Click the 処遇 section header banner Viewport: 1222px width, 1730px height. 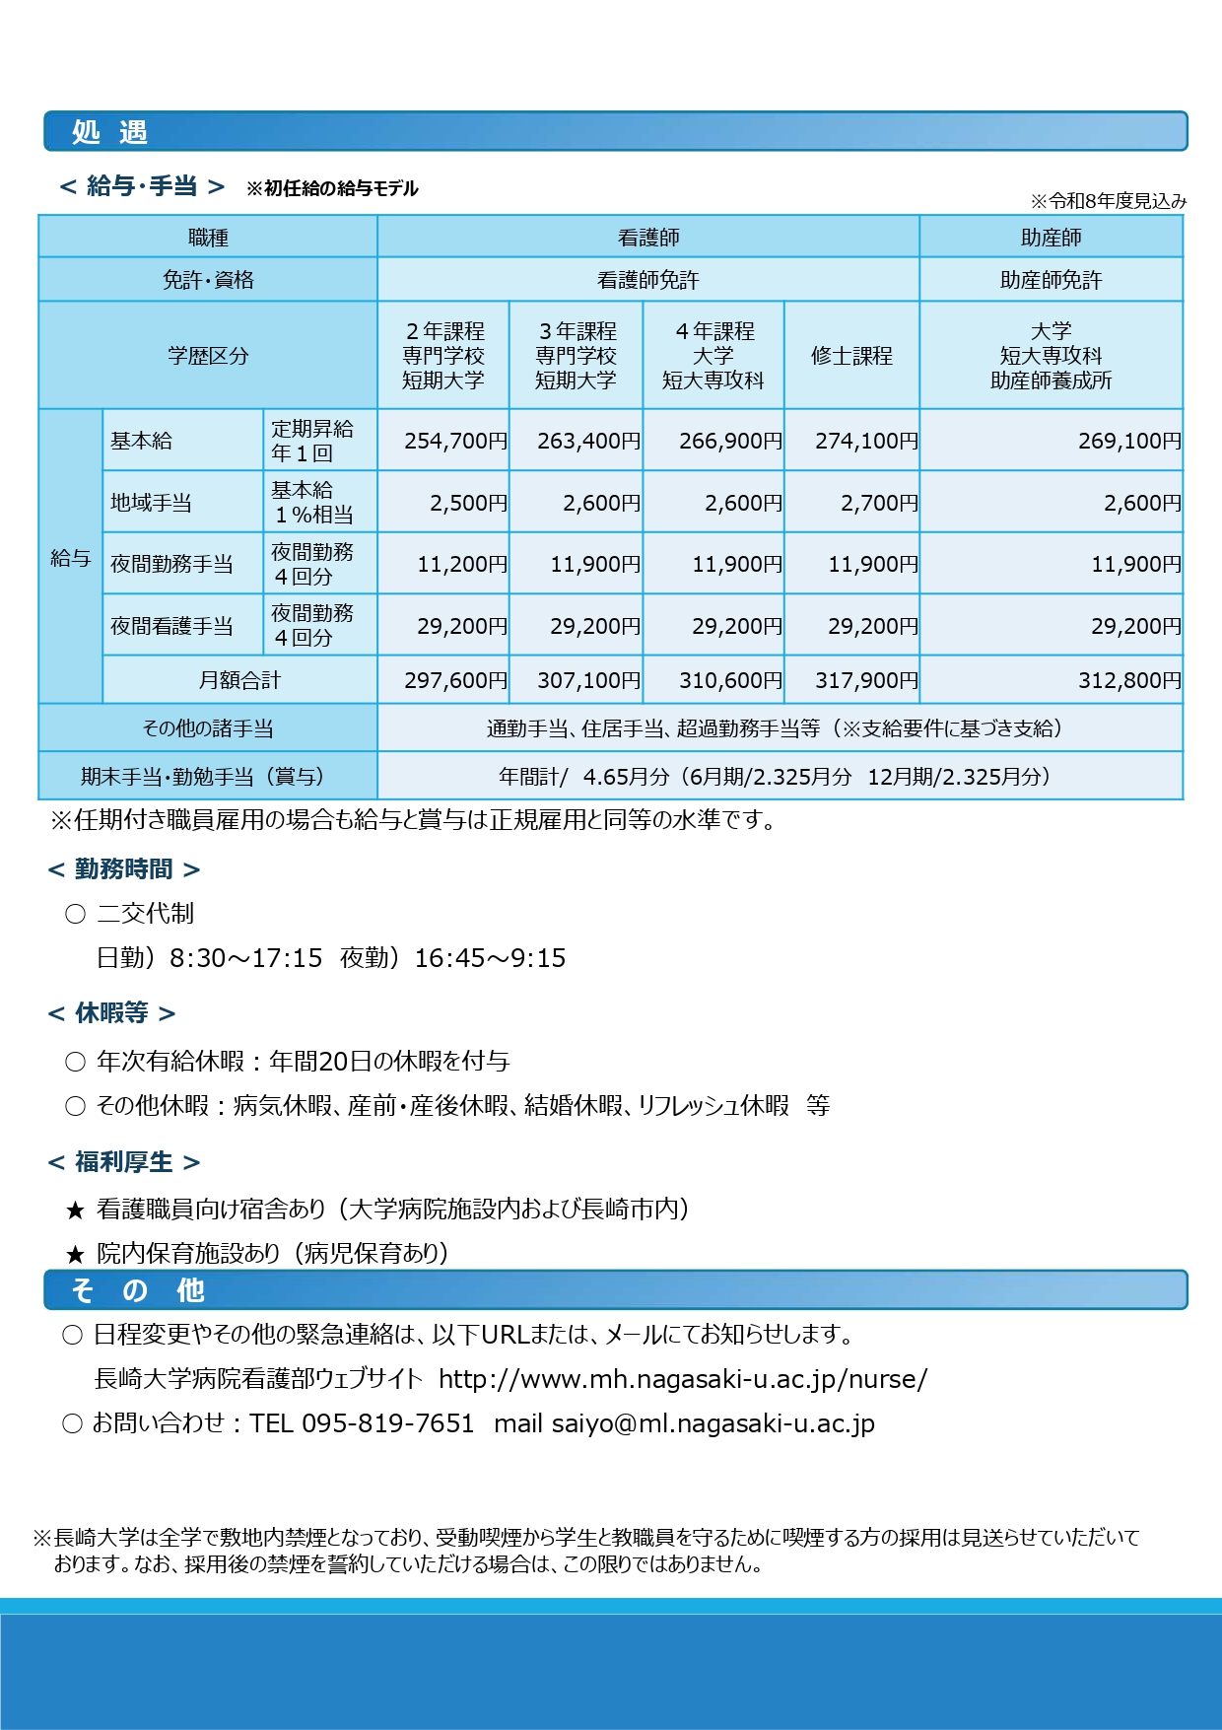(x=615, y=131)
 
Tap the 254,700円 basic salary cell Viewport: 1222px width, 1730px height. (x=455, y=441)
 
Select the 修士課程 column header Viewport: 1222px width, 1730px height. (x=851, y=356)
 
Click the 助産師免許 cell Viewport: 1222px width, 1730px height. (x=1051, y=280)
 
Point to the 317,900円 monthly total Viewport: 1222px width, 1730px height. (x=865, y=680)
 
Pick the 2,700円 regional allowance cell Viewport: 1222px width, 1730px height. (x=878, y=503)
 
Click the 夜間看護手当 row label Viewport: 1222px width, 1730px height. (x=172, y=626)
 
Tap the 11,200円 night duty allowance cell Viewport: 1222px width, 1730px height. (x=461, y=564)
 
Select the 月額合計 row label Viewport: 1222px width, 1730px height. (x=239, y=680)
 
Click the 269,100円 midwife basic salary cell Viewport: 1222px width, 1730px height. (x=1128, y=441)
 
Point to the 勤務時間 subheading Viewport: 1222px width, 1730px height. (x=123, y=868)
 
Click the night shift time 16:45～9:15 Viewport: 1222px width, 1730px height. (x=490, y=958)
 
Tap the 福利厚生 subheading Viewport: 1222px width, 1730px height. (x=123, y=1162)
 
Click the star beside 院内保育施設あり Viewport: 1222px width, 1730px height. (x=75, y=1255)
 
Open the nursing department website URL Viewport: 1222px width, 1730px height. (x=682, y=1379)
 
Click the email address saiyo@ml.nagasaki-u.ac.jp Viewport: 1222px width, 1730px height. (x=713, y=1423)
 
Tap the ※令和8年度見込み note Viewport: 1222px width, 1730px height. (x=1108, y=201)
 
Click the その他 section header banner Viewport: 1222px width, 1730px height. (x=615, y=1290)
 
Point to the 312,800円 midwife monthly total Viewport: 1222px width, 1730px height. (x=1128, y=680)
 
